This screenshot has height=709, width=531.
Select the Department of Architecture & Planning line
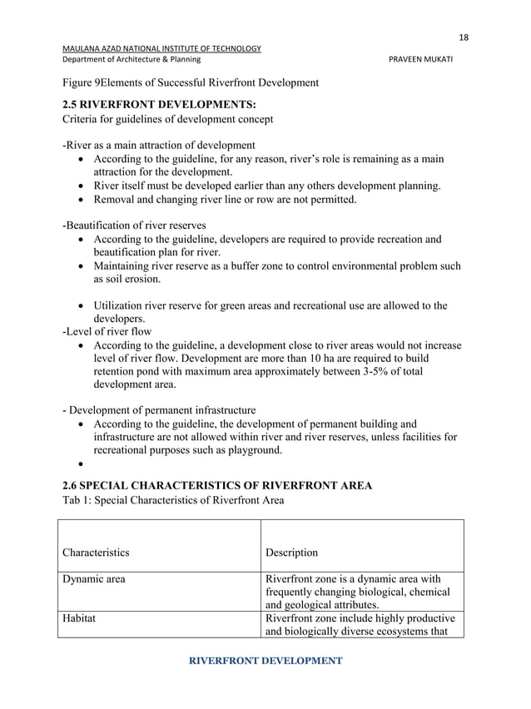click(x=131, y=60)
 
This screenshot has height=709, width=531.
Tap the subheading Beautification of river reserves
click(x=135, y=226)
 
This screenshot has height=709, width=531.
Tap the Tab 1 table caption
click(x=173, y=500)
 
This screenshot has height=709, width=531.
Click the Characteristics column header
click(x=96, y=552)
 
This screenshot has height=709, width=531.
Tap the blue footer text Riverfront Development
click(x=265, y=661)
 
